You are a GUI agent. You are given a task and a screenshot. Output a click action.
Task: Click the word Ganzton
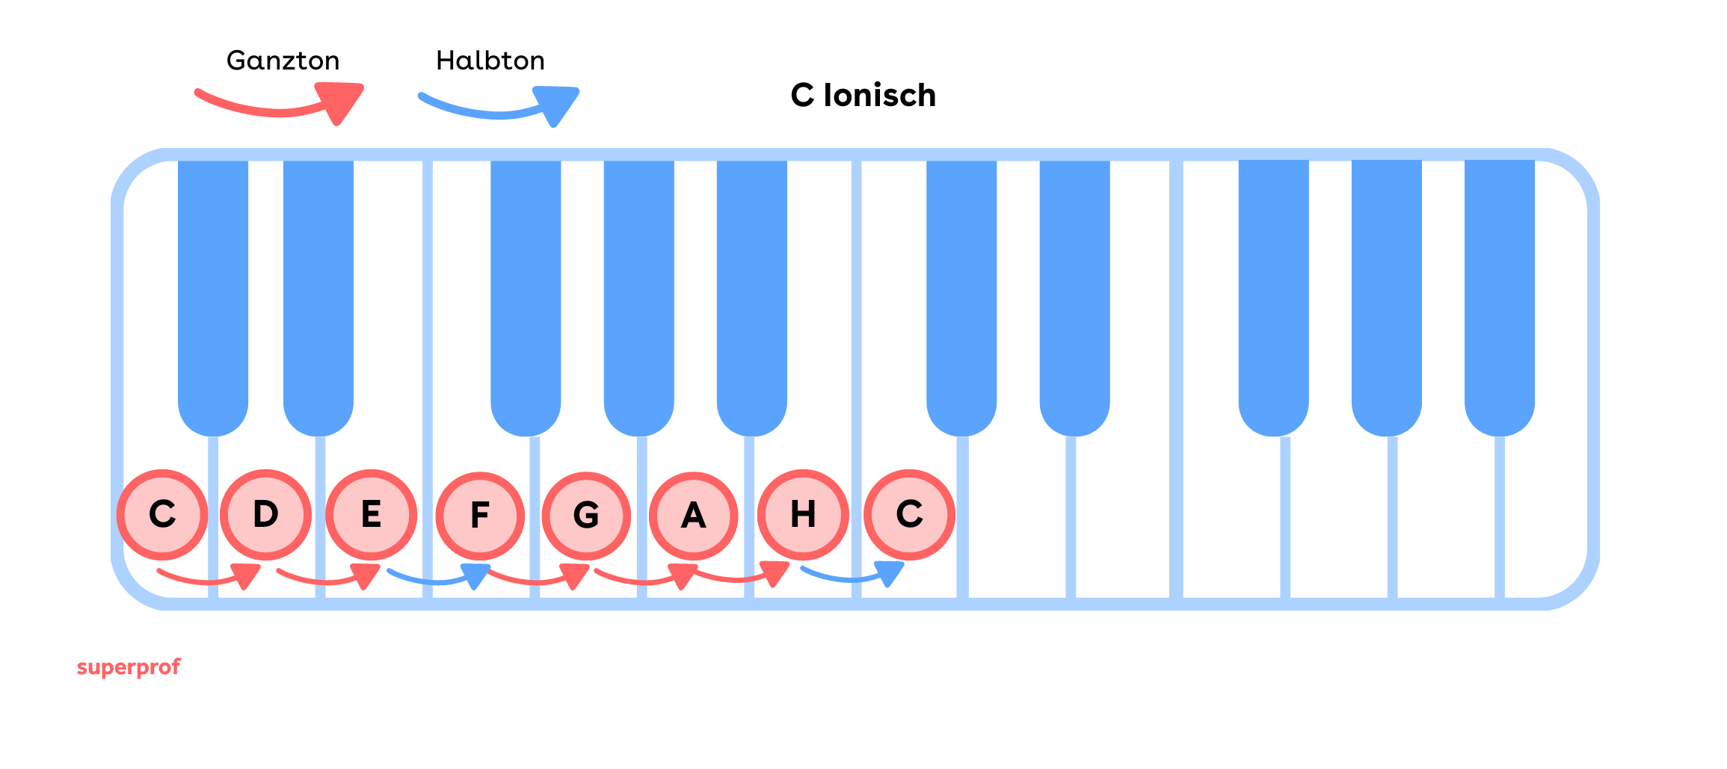pos(283,61)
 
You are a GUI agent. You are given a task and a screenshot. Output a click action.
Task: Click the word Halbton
pos(490,61)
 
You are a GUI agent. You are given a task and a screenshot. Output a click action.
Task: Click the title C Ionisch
pos(863,96)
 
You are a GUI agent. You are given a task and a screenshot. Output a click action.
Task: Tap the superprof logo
pos(129,667)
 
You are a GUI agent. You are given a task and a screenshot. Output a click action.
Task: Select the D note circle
pos(265,515)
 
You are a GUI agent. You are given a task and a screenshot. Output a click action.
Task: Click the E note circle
pos(371,515)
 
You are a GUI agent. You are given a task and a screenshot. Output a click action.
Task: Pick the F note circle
pos(480,516)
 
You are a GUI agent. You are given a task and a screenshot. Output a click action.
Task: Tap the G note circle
pos(586,516)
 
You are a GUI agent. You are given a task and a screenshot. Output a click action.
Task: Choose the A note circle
pos(693,516)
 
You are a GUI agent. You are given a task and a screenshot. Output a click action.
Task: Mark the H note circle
pos(803,515)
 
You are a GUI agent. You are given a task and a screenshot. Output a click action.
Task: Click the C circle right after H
pos(909,515)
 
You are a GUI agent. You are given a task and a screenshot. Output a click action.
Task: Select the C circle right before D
pos(162,515)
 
